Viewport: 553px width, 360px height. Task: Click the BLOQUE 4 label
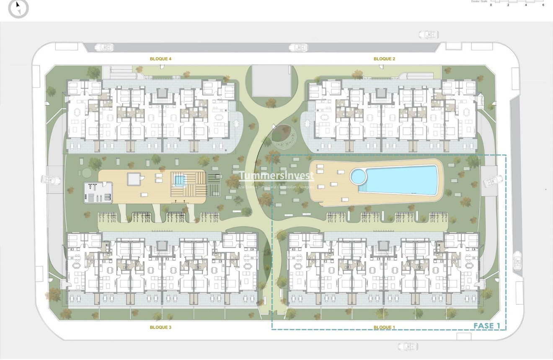160,59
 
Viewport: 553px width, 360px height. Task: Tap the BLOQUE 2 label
384,59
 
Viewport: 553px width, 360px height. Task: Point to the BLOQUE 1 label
384,327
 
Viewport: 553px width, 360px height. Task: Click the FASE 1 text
487,326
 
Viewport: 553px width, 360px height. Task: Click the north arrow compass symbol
18,8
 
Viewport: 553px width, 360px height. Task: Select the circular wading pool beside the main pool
359,176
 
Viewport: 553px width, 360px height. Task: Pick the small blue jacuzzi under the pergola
179,181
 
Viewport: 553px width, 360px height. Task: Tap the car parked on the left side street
51,180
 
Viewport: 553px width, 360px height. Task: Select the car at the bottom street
408,347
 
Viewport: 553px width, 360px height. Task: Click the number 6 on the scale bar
543,5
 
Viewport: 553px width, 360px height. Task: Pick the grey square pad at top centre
271,80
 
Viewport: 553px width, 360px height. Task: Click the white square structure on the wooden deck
134,179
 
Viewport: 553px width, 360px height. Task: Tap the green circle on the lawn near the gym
86,173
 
